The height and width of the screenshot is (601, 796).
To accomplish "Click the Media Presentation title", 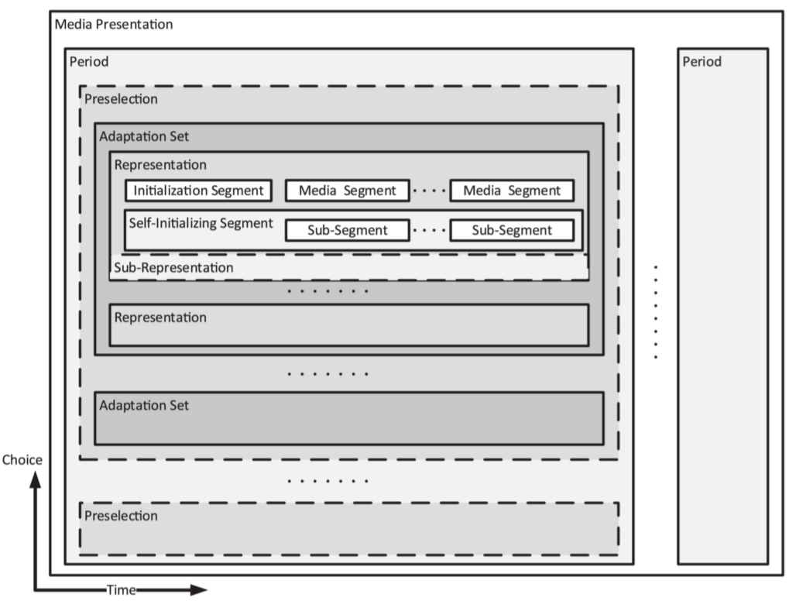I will (x=114, y=24).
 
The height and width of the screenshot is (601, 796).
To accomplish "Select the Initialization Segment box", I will (x=199, y=191).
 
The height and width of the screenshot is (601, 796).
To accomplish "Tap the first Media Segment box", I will (x=347, y=191).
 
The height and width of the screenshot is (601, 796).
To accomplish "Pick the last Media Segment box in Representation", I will (x=511, y=191).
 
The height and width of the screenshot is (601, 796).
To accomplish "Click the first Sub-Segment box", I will (x=347, y=230).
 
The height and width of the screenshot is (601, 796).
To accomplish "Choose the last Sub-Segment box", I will (x=511, y=230).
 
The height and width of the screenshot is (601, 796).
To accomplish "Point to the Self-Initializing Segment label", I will (x=201, y=223).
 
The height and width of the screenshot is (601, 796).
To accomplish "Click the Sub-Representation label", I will (x=173, y=268).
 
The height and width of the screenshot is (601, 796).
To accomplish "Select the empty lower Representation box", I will (x=348, y=325).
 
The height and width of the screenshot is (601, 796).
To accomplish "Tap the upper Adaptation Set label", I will (x=144, y=136).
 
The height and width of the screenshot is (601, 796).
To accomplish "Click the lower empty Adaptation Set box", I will (x=348, y=418).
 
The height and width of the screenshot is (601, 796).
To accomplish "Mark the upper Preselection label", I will (x=121, y=99).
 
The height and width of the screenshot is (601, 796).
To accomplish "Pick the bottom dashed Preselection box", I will (x=348, y=529).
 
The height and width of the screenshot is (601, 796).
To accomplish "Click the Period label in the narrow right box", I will (x=702, y=62).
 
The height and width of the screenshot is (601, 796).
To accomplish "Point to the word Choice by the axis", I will (x=22, y=460).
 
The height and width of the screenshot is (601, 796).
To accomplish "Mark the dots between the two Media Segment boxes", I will (x=429, y=191).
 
